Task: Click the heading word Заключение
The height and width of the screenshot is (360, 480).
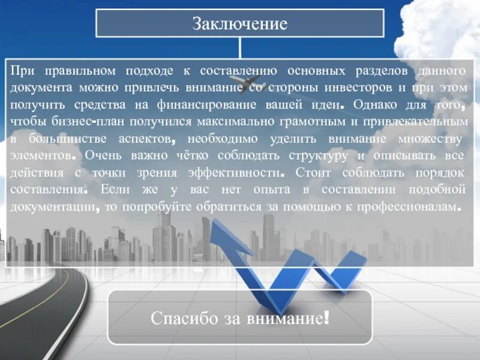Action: pos(239,24)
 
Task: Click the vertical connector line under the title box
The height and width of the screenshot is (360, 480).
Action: pos(240,47)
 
